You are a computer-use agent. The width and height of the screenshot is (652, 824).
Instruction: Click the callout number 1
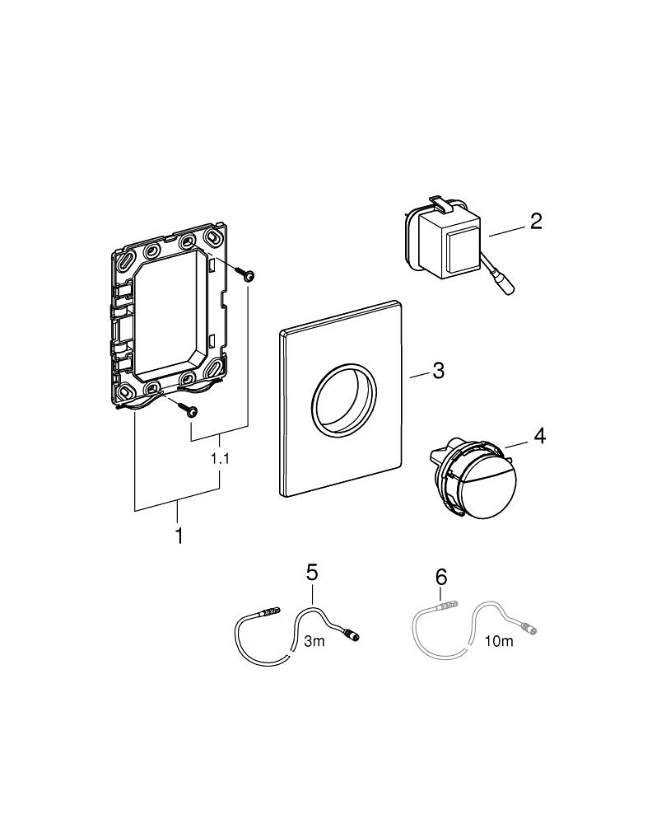coord(178,536)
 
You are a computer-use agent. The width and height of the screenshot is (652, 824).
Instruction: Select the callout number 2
coord(536,221)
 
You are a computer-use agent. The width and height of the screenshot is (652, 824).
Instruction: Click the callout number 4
coord(539,435)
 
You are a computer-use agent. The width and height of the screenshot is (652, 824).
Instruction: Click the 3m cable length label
coord(314,642)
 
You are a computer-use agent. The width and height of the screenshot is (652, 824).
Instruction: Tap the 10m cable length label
coord(499,641)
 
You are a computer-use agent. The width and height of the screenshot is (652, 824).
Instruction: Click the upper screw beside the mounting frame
coord(244,273)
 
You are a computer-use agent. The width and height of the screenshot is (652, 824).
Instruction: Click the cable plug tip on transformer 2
coord(505,288)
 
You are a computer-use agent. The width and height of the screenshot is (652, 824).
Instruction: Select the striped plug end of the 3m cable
coord(268,612)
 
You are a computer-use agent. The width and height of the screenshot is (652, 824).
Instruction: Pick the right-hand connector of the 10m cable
coord(533,630)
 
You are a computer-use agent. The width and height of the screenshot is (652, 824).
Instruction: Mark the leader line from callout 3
coord(419,375)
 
